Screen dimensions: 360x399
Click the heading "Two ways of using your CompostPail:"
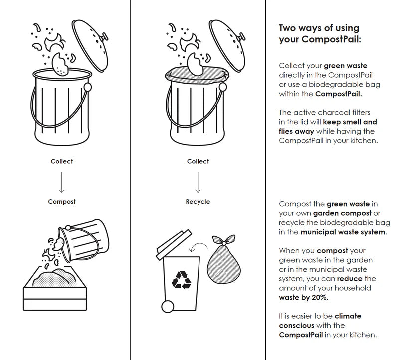click(319, 33)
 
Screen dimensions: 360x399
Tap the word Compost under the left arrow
click(62, 202)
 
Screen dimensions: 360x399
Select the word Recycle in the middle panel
click(198, 202)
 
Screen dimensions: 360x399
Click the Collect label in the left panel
click(62, 161)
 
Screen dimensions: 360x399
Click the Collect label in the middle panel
click(198, 161)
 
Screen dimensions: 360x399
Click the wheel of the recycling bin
click(168, 306)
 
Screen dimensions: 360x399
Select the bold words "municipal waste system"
click(343, 232)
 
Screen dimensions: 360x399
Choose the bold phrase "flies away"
click(296, 131)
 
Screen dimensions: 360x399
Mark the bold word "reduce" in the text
click(349, 279)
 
